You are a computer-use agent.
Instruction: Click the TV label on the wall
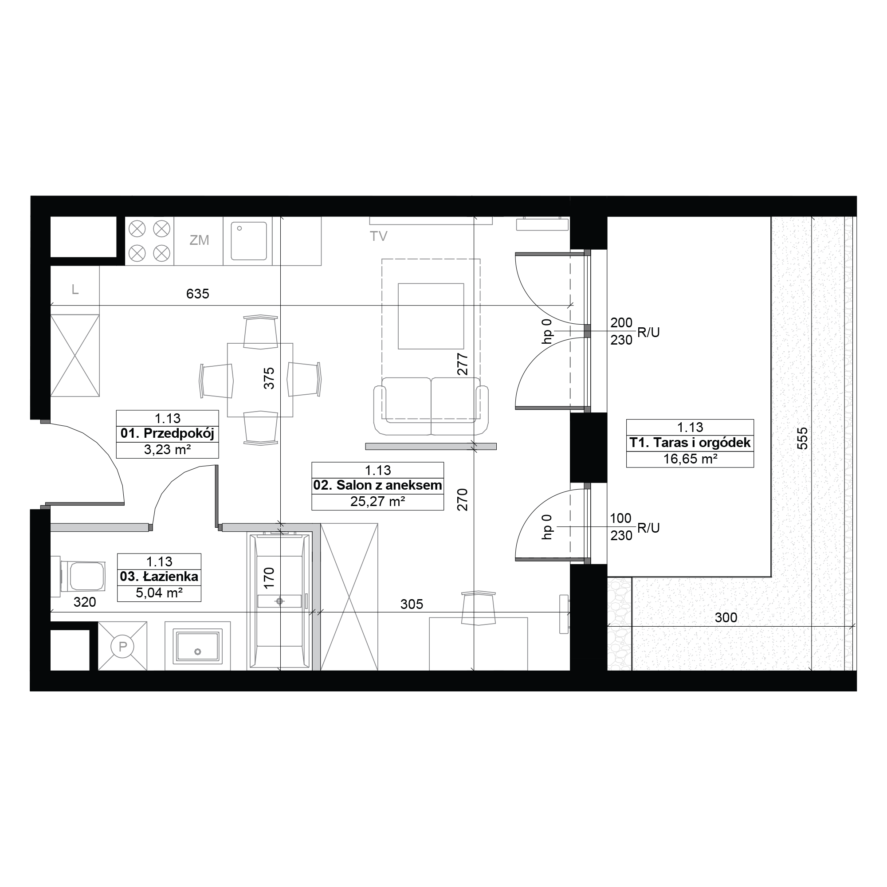378,236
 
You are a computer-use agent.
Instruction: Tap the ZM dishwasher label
199,239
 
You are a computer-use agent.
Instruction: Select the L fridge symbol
75,289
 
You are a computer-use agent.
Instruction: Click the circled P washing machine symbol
122,647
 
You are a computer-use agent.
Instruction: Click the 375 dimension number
269,378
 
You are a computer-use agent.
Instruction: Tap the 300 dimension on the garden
726,617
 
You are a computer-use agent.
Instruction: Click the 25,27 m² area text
377,501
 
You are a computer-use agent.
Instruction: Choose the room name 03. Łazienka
159,576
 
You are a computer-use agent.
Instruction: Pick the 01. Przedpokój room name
167,433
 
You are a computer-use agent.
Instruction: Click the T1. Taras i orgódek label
690,443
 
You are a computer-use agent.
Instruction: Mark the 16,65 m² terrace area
690,458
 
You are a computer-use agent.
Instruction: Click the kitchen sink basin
248,240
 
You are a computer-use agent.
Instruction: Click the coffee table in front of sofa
431,316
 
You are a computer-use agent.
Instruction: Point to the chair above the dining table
260,331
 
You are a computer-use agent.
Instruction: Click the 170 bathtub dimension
269,577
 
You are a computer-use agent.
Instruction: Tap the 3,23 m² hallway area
167,449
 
